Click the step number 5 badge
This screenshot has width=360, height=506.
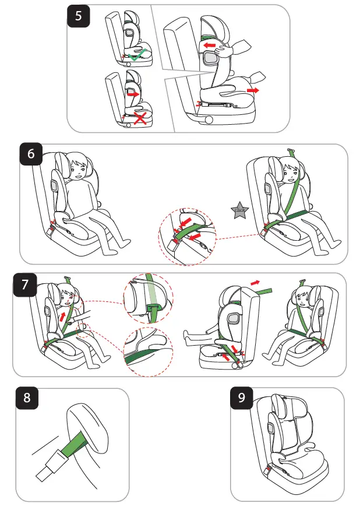(x=79, y=16)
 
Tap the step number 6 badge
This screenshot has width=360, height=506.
(x=31, y=154)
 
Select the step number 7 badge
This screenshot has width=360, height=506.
(x=24, y=286)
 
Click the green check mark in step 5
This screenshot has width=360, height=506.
(x=137, y=57)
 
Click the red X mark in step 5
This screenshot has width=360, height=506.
(x=140, y=118)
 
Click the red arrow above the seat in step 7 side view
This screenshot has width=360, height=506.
(x=256, y=282)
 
